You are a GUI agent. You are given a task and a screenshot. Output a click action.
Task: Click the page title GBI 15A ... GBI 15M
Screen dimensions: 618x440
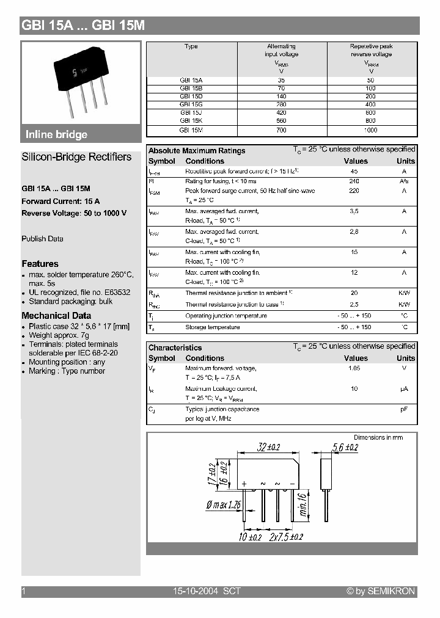point(83,26)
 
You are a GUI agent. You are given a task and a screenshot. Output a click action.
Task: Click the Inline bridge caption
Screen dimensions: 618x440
point(56,134)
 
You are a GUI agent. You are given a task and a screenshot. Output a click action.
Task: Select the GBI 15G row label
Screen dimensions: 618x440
point(191,104)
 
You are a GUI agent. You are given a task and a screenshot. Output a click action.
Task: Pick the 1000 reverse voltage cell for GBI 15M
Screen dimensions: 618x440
point(371,130)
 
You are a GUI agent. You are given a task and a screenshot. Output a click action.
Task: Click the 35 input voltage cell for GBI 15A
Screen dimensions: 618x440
point(281,80)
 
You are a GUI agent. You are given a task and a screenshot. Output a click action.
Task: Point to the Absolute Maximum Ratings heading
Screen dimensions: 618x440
point(197,151)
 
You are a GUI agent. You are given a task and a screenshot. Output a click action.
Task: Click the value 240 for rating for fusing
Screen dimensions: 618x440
point(354,181)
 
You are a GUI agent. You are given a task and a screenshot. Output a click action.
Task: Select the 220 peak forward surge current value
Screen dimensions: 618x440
point(354,191)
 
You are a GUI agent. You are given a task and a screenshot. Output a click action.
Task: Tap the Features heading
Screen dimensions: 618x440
point(40,264)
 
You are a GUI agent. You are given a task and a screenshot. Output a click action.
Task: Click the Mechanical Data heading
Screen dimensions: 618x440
point(56,316)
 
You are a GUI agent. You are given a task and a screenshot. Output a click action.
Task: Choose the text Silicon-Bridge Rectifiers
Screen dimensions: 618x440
point(76,157)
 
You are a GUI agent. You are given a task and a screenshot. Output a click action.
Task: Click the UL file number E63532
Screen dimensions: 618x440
point(114,293)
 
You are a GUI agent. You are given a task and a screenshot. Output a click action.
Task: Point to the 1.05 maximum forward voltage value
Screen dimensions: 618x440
point(354,369)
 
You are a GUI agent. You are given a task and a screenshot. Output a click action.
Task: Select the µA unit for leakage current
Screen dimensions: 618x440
point(404,389)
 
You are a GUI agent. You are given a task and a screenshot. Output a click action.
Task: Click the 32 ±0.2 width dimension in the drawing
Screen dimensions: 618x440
point(269,447)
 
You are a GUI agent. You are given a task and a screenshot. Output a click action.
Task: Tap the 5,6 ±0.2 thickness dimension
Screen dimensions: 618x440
point(346,447)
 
